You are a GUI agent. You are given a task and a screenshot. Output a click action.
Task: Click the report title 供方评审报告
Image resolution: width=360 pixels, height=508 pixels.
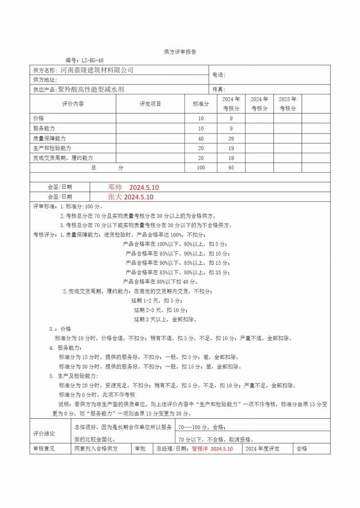click(x=180, y=52)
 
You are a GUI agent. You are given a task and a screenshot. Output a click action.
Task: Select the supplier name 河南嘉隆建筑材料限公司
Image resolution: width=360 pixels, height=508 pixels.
click(x=97, y=70)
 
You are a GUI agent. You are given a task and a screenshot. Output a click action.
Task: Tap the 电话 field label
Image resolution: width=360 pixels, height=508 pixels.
click(x=218, y=75)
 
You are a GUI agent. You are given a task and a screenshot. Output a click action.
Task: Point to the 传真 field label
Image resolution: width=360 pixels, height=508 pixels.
click(x=218, y=89)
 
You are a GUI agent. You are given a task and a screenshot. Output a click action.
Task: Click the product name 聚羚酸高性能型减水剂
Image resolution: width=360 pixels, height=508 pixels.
click(x=91, y=89)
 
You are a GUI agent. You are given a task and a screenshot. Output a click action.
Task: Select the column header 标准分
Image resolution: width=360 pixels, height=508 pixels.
click(x=201, y=104)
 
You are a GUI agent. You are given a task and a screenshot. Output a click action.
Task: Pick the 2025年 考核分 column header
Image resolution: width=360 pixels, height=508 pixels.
click(x=288, y=104)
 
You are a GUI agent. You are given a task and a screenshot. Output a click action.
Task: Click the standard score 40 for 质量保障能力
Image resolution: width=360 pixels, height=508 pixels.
click(x=201, y=138)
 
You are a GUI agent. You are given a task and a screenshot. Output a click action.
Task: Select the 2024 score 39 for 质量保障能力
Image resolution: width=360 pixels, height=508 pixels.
click(x=231, y=138)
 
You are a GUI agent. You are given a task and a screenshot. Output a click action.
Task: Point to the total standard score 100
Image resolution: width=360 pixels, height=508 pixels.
click(x=201, y=168)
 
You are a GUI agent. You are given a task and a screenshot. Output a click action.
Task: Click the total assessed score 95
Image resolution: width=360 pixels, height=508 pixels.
click(x=231, y=168)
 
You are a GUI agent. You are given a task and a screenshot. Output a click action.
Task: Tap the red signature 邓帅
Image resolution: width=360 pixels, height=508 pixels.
click(x=115, y=187)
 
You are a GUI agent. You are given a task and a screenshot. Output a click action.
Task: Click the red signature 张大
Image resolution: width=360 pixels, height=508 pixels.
click(x=115, y=197)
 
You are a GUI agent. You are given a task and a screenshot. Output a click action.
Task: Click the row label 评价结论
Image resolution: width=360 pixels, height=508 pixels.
click(x=44, y=433)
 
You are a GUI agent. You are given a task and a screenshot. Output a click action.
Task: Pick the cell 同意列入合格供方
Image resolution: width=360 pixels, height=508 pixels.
click(x=95, y=449)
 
